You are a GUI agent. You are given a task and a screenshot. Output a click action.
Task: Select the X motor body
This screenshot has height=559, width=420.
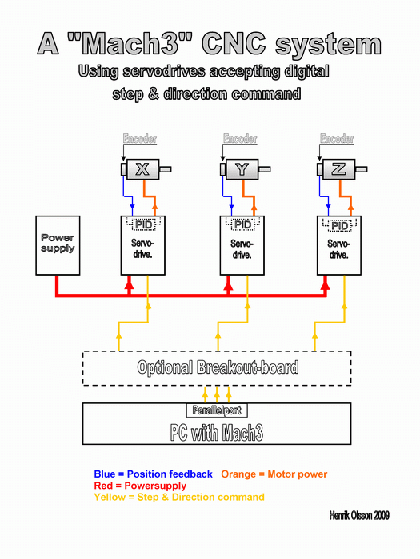pos(143,169)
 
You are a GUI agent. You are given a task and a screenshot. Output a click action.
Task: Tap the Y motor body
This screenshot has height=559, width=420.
pos(242,169)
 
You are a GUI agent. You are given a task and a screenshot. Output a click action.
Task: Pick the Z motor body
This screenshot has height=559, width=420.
pos(338,169)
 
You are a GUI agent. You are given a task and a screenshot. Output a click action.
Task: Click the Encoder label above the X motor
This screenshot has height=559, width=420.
pos(140,138)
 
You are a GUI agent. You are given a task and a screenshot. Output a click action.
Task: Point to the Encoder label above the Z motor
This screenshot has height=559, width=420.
pos(337,138)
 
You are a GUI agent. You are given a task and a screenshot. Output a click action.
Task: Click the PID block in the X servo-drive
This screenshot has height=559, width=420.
pos(143,224)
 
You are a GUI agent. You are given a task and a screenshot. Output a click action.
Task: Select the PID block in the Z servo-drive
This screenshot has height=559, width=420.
pos(340,225)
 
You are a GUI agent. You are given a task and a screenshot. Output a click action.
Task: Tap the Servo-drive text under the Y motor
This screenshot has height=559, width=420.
pos(242,249)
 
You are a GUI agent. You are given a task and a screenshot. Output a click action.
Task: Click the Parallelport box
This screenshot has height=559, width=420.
pos(217,410)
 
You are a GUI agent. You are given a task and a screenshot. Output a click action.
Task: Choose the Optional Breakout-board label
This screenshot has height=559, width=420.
pos(218,367)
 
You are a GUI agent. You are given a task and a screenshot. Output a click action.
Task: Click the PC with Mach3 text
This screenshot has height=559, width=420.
pos(217,433)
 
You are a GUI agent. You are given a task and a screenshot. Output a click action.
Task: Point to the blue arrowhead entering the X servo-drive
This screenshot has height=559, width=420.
pos(133,208)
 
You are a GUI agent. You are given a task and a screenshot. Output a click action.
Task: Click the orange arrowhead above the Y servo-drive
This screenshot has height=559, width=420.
pos(254,208)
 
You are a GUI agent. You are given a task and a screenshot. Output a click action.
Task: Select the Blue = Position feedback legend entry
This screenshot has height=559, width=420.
pos(153,474)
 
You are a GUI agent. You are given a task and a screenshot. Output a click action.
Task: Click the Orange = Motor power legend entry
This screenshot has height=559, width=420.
pos(274,474)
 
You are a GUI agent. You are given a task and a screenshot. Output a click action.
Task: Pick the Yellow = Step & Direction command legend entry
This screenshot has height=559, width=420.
pos(179,497)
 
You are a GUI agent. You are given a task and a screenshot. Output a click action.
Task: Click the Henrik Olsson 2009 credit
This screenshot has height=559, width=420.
pos(359,515)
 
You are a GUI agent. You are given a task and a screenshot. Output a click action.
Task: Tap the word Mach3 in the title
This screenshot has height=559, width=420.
pos(130,43)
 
